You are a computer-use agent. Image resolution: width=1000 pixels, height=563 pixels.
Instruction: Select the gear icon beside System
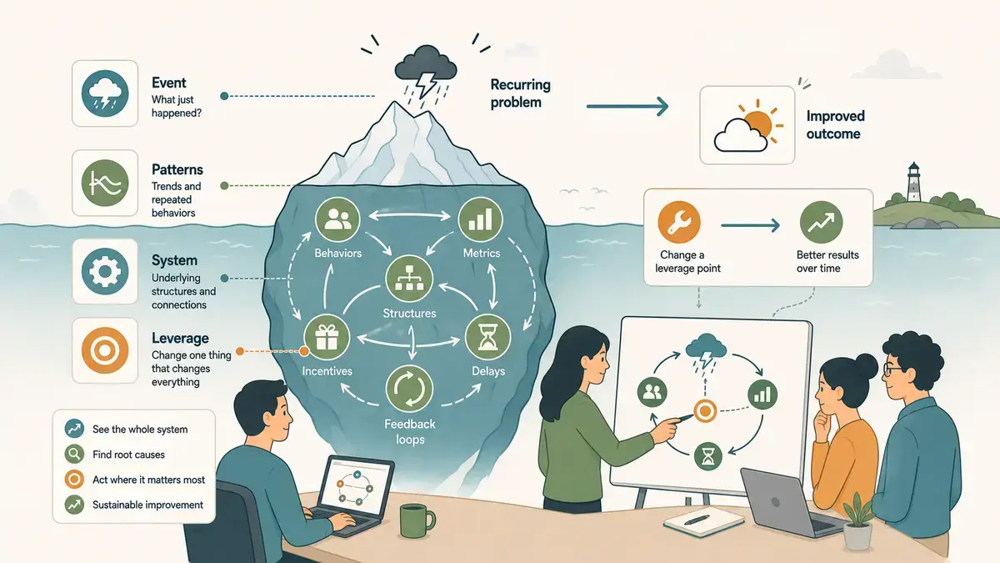click(105, 271)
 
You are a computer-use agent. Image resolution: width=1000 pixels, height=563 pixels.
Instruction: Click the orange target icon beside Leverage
click(105, 350)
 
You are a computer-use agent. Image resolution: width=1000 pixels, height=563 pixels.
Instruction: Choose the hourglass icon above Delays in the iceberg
click(487, 338)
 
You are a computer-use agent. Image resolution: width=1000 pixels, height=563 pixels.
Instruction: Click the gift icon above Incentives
click(327, 337)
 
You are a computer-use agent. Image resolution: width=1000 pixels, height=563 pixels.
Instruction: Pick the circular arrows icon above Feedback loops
click(409, 389)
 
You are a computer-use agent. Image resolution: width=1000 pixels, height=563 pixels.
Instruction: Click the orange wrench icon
click(679, 223)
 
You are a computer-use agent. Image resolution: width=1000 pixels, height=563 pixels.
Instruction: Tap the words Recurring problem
click(521, 93)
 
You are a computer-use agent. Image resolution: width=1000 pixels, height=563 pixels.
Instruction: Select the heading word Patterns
click(177, 170)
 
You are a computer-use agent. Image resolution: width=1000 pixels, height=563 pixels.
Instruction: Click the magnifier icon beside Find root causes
click(74, 455)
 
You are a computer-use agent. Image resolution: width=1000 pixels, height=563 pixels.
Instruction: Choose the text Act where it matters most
click(148, 480)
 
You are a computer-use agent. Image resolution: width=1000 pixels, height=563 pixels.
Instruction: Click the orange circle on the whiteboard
click(705, 411)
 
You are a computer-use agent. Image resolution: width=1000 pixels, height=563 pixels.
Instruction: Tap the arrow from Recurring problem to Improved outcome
click(627, 107)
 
